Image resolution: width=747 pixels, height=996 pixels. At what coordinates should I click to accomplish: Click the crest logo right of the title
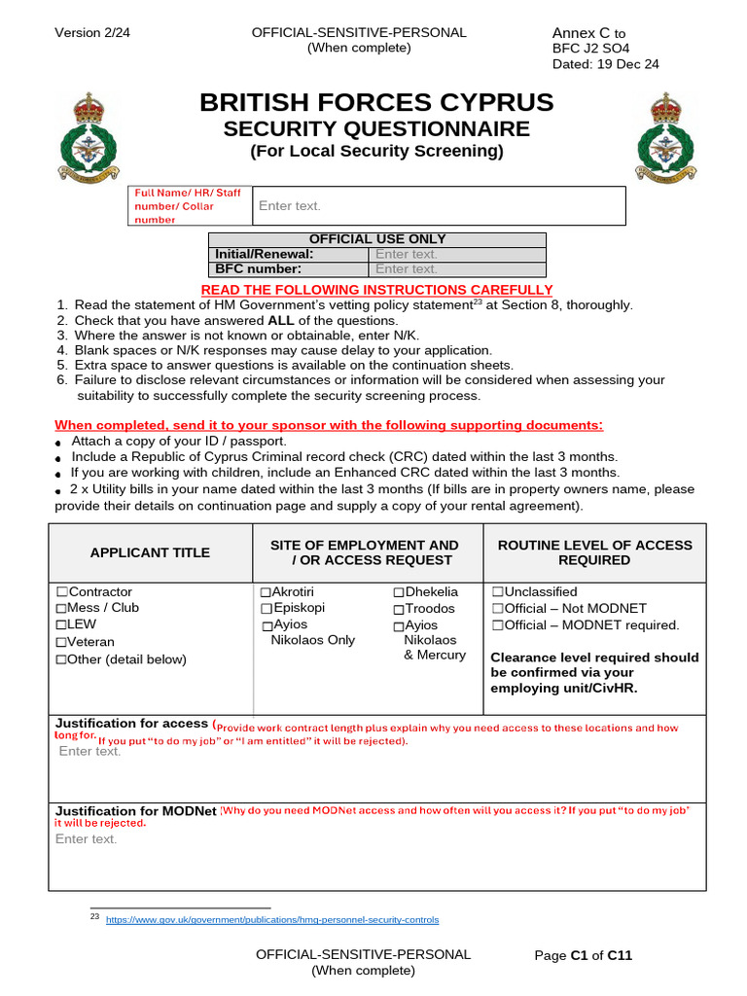click(665, 137)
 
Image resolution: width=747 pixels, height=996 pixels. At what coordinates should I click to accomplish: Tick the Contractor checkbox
click(62, 592)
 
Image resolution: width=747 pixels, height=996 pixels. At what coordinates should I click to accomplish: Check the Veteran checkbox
click(62, 642)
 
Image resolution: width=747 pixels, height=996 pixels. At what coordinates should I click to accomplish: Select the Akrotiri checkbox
click(266, 592)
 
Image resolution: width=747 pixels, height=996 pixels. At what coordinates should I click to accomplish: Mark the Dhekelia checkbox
click(399, 592)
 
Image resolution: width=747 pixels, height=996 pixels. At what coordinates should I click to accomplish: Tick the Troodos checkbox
click(399, 609)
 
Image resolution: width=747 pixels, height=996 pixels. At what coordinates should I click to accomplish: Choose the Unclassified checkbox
click(497, 592)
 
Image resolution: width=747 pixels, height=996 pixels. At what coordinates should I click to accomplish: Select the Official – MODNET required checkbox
click(497, 625)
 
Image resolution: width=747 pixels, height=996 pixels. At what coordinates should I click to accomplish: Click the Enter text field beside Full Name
click(289, 206)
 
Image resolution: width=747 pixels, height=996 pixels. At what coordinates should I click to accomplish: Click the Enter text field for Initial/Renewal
click(407, 255)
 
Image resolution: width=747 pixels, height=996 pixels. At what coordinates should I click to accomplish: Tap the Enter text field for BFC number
click(407, 269)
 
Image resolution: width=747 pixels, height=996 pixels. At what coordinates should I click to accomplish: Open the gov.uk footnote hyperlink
click(271, 920)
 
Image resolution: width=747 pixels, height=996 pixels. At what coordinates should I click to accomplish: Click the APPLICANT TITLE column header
click(150, 552)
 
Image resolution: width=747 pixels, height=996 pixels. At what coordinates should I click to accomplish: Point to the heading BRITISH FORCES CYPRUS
click(376, 103)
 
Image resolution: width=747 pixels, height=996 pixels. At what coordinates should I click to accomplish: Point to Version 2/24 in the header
click(90, 33)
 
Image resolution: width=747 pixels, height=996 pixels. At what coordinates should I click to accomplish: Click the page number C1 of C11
click(584, 956)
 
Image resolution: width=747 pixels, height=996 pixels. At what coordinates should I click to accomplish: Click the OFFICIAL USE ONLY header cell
click(377, 239)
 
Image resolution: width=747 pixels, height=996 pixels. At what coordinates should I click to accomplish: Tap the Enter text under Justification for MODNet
click(87, 839)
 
